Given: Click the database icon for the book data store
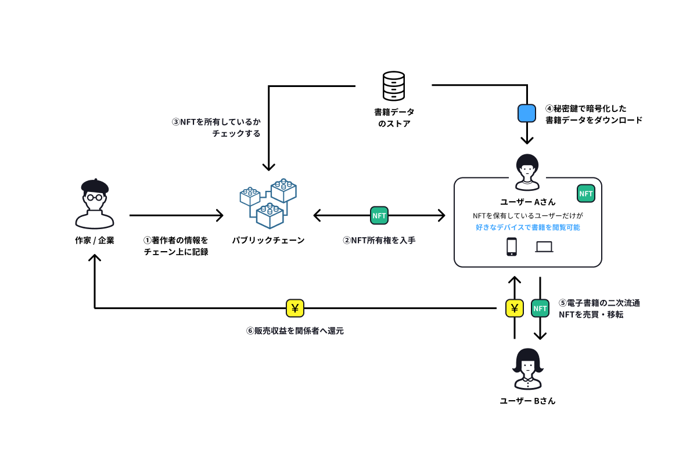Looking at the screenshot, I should click(394, 86).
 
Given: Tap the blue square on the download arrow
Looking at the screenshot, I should click(526, 113).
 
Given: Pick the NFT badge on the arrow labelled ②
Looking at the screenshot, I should click(379, 216).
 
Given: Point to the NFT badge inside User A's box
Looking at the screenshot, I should click(585, 194).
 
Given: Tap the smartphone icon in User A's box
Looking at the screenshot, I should click(512, 246).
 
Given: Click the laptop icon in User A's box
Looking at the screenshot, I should click(544, 247).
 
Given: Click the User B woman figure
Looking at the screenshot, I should click(527, 369).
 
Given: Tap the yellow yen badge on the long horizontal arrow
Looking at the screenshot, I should click(295, 308).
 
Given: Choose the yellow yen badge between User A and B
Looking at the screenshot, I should click(514, 308).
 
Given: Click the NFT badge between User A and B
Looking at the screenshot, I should click(540, 308).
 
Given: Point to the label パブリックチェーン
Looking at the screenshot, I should click(268, 240).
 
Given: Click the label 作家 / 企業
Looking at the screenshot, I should click(95, 240).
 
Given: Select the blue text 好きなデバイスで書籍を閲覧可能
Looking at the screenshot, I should click(527, 227).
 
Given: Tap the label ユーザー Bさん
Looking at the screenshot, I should click(527, 401).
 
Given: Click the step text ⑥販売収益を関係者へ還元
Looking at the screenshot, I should click(295, 331).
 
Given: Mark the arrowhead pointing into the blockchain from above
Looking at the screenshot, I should click(268, 166).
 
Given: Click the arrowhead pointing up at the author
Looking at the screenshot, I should click(95, 259).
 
